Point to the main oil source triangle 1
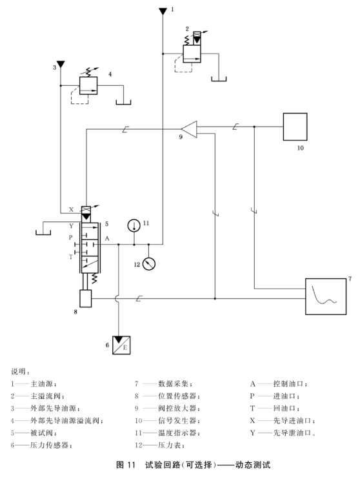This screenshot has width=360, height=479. [163, 12]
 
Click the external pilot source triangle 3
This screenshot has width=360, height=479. [61, 64]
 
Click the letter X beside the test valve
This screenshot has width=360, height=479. [71, 210]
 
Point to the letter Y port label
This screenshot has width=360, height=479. [71, 226]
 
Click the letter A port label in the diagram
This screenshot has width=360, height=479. [107, 238]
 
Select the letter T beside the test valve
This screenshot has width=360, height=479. [71, 257]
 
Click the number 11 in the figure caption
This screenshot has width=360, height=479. [131, 465]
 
